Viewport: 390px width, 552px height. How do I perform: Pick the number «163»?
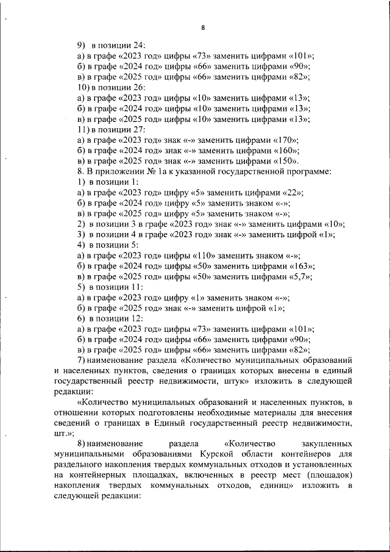coord(302,266)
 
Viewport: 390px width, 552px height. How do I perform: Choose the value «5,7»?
coord(300,276)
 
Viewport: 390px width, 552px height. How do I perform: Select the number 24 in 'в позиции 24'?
coord(138,45)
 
